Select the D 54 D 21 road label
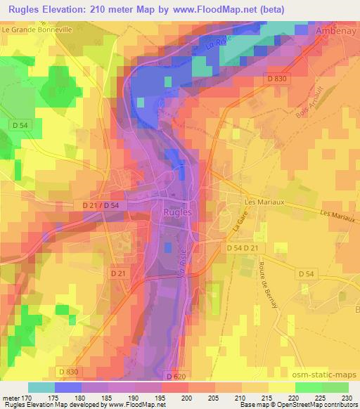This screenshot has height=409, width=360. coord(243,249)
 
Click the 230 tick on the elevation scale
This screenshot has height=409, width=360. coord(348,398)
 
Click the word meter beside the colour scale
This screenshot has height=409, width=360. coord(11,398)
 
